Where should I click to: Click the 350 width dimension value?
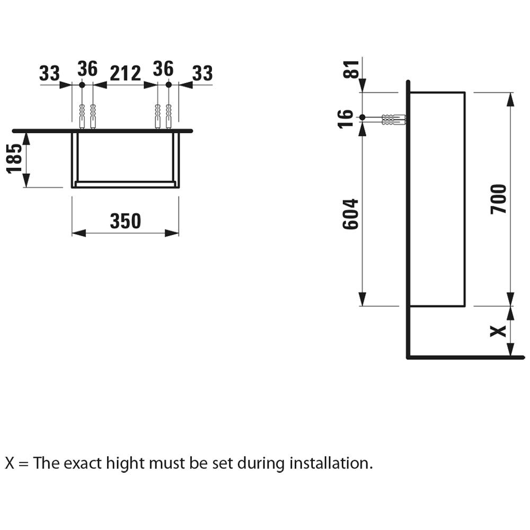pos(126,221)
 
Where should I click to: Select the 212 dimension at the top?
pos(125,74)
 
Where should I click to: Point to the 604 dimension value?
pos(350,214)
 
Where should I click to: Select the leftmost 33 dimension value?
pos(50,74)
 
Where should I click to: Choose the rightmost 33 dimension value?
pos(201,74)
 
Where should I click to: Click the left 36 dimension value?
pos(87,69)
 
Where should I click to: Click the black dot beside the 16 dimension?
pos(362,117)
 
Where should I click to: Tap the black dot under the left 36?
pos(82,85)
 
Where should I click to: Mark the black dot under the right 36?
pos(169,85)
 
